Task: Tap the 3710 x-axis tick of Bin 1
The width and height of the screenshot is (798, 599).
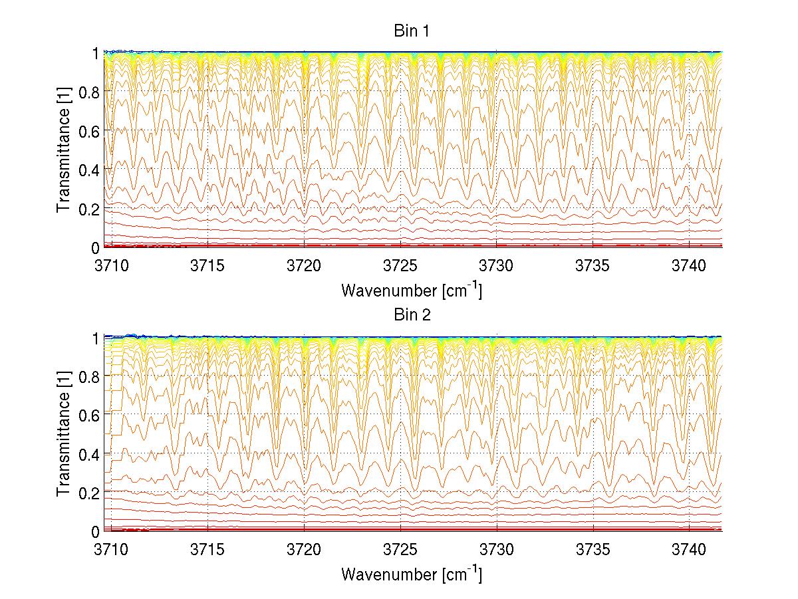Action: (112, 265)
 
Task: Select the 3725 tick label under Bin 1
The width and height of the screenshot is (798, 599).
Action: (401, 265)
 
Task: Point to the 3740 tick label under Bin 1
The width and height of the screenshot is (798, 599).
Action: (689, 265)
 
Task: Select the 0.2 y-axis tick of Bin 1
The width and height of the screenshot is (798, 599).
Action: (90, 209)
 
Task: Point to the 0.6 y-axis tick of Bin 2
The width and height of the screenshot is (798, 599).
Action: (90, 415)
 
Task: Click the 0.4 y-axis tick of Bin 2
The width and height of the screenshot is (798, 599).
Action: (90, 454)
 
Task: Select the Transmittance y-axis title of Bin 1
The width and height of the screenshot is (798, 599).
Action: (64, 151)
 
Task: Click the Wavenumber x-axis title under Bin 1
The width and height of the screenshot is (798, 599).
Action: (412, 290)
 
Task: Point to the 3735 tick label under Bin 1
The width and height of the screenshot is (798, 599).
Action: (593, 265)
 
